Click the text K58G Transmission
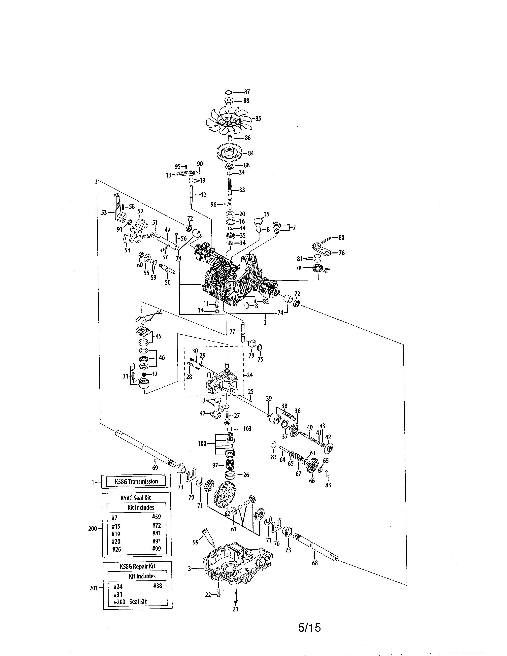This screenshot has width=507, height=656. point(136,481)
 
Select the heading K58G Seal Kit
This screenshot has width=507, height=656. point(136,497)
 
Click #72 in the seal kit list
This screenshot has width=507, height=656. point(156,525)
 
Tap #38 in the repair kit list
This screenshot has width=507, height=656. point(158,586)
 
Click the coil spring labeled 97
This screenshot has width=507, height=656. point(230,465)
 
